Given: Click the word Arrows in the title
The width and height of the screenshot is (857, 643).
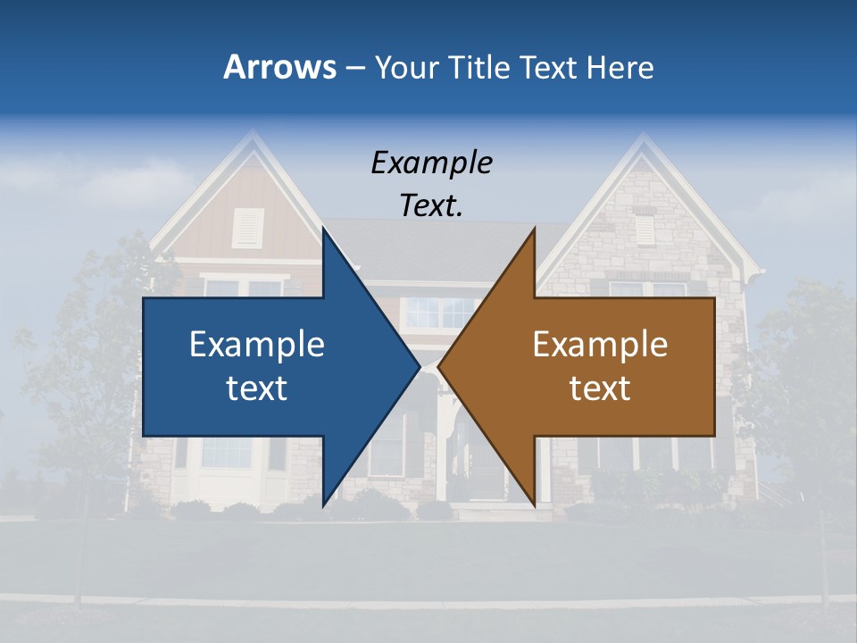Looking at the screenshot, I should (x=279, y=67).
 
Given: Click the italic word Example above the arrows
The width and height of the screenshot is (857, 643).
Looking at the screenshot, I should (x=431, y=163).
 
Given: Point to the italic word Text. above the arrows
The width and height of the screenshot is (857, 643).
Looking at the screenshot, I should (x=431, y=205).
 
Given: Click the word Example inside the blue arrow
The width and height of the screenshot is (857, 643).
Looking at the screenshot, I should (x=257, y=344).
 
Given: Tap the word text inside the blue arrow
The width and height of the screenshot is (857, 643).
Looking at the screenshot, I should (x=257, y=388).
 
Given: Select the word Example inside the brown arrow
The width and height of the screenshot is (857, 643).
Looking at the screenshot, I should (x=600, y=344).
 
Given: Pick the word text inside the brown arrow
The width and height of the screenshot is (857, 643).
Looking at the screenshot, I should (x=600, y=388).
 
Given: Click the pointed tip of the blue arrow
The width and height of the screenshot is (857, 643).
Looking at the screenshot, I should (x=418, y=367).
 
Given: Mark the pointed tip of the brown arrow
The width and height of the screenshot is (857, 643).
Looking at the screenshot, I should (x=440, y=367).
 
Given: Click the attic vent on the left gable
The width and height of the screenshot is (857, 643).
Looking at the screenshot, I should (x=248, y=228).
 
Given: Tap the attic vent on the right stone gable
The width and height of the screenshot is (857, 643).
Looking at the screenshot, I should (x=644, y=230).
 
